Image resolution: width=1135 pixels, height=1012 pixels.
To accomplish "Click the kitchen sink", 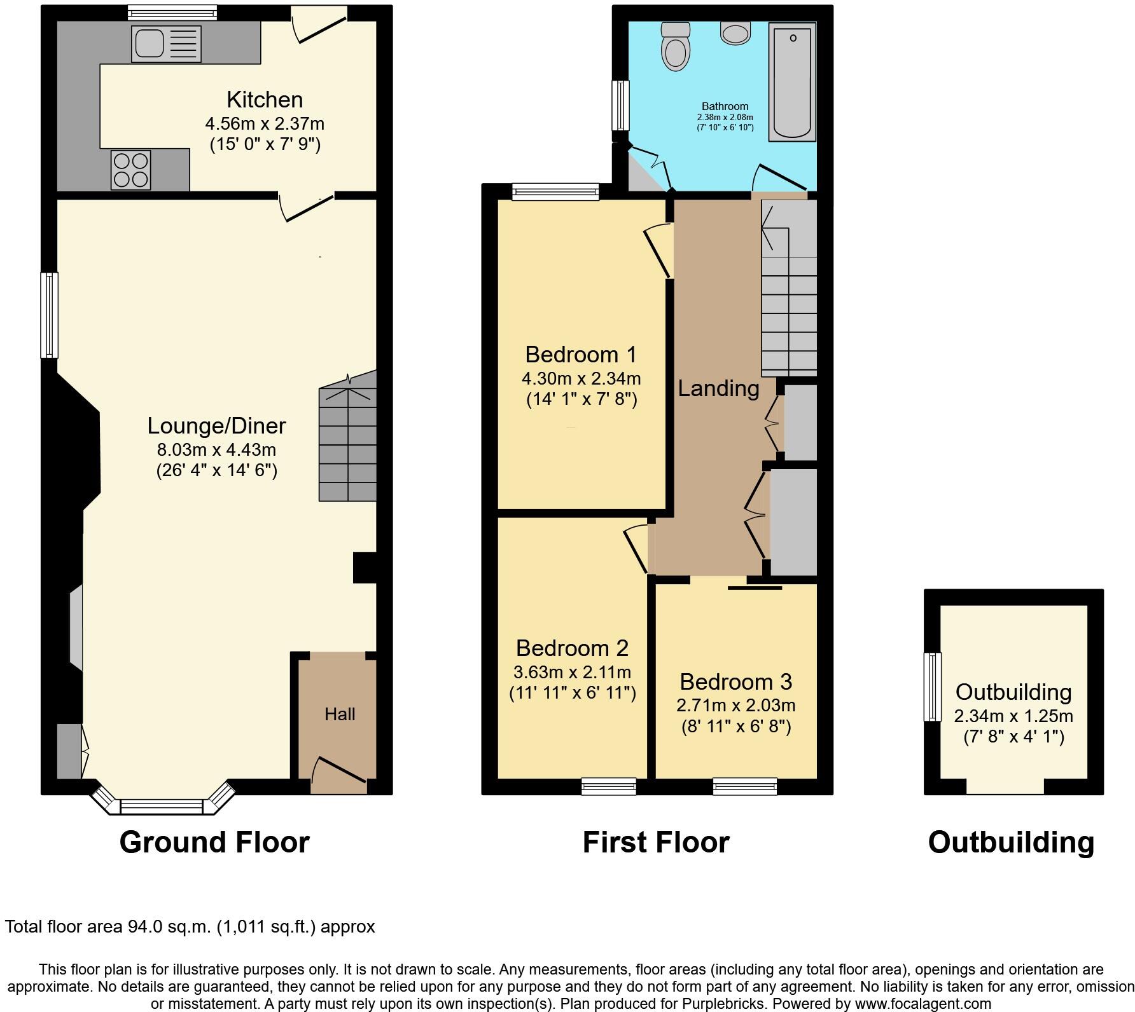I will click(166, 43).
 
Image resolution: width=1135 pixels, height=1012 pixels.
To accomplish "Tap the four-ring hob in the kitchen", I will click(131, 170).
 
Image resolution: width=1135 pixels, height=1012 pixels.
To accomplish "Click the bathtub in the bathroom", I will click(792, 82).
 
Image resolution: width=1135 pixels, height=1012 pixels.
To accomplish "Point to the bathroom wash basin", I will click(735, 32).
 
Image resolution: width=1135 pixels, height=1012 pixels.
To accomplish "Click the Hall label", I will click(340, 715).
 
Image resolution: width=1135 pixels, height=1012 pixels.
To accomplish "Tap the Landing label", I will click(718, 388).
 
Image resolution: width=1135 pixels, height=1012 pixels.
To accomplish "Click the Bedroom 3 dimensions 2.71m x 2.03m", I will click(735, 705).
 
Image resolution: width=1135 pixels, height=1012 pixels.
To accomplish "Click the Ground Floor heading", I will click(214, 842).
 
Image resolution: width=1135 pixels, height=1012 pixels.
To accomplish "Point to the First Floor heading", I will click(656, 842).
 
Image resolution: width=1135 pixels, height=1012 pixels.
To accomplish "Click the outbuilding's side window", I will click(932, 687).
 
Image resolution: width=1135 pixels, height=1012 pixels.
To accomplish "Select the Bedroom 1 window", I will click(556, 191).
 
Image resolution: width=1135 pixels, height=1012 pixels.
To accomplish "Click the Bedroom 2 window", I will click(609, 787).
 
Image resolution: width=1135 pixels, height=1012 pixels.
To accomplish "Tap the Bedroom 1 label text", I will click(581, 354).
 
